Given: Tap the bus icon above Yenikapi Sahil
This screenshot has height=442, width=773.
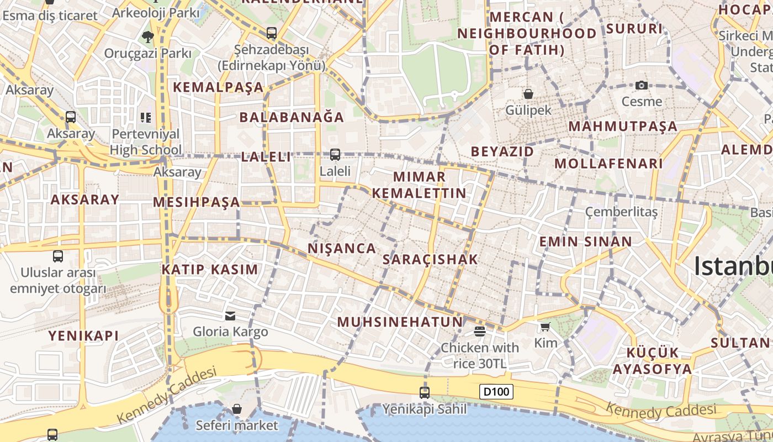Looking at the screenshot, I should coord(425,392).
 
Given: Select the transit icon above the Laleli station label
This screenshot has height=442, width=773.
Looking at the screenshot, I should coord(335,155).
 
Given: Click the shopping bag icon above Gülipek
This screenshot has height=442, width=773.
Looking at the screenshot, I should coord(528,94).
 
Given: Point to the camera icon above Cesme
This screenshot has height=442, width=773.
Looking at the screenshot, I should coord(641,85).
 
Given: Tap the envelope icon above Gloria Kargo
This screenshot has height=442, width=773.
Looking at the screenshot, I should coord(230,316).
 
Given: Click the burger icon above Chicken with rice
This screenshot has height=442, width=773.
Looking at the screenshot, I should coord(479,331).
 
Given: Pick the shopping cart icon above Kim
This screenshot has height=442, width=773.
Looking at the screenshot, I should coord(546,327).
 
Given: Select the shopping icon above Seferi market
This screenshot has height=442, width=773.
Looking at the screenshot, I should coord(237,409).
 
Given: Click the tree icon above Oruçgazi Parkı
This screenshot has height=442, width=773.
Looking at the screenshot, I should coord(147,37).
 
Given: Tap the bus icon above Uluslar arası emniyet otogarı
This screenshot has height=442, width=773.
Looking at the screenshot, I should coord(58,256).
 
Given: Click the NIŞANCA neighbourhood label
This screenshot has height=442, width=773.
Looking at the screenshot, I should coord(342,249).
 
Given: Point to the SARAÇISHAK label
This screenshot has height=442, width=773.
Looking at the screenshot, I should coord(430,260).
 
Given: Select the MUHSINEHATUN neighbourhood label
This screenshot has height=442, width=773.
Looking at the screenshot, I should coord(400,322).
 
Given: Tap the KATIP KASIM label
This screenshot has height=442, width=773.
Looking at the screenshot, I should coord(210,270).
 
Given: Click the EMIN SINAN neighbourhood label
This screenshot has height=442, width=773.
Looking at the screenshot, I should coord(585,241).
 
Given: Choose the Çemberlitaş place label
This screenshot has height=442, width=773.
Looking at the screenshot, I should coord(622,212).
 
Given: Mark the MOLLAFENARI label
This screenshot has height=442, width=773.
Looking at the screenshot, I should coord(608,164).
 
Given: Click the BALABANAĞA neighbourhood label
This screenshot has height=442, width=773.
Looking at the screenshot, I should coord(292,117).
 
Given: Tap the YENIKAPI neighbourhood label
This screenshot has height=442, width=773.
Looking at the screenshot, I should coord(83,335).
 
